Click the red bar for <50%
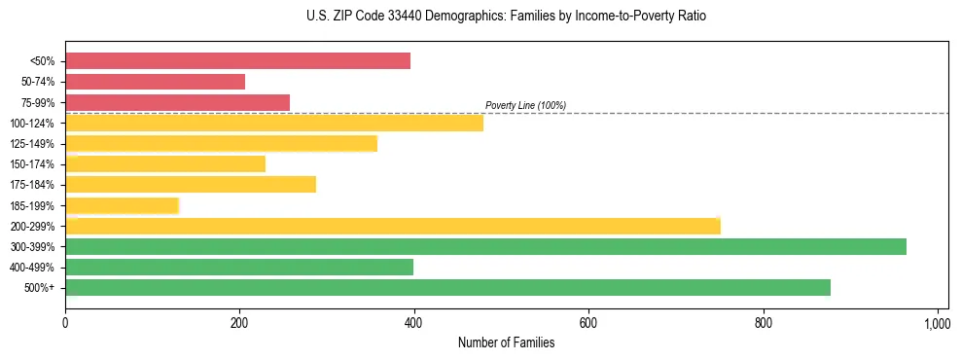click(237, 61)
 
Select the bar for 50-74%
click(155, 82)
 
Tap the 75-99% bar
click(177, 102)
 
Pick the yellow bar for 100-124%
click(274, 123)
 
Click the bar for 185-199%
click(123, 205)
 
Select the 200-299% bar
click(393, 226)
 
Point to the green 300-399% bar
click(485, 246)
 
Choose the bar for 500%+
click(447, 287)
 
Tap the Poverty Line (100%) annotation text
click(525, 105)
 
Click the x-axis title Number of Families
click(506, 342)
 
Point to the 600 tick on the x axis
click(588, 323)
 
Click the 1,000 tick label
click(937, 323)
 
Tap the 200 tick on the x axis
click(239, 323)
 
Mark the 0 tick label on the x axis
click(65, 323)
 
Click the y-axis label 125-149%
click(32, 144)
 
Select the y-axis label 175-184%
click(32, 185)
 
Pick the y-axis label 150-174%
click(32, 164)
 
